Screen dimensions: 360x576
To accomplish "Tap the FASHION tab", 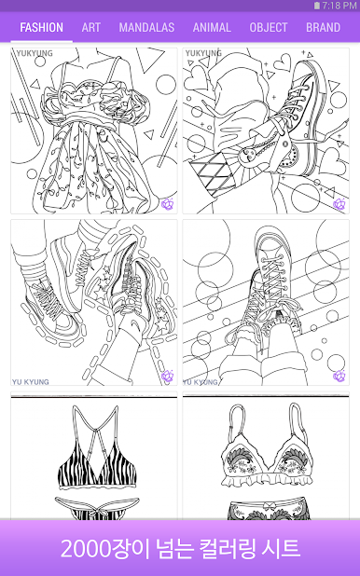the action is point(42,28).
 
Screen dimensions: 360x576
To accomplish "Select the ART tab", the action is point(90,28).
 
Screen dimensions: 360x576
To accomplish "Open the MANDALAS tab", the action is point(146,28).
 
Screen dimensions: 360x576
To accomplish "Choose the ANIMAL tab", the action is point(212,28).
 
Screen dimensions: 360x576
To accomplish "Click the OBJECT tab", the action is point(268,28).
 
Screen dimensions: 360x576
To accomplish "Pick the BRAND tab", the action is point(324,28).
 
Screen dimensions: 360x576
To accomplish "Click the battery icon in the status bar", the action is point(317,6).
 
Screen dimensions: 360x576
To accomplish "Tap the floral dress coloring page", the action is point(94,130).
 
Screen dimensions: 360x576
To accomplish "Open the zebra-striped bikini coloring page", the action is point(94,456).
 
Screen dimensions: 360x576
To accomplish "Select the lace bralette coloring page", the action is point(266,456).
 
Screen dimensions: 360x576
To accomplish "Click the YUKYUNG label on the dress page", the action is point(35,53).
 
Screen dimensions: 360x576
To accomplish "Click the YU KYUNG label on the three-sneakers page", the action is point(31,382).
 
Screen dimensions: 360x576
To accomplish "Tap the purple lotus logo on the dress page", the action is point(168,204).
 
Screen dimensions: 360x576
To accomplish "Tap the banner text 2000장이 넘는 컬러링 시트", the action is point(180,548).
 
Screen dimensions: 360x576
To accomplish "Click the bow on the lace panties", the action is point(270,505).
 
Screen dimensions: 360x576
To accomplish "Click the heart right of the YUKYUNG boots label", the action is point(283,62).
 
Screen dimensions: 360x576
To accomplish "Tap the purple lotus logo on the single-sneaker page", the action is point(339,376).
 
